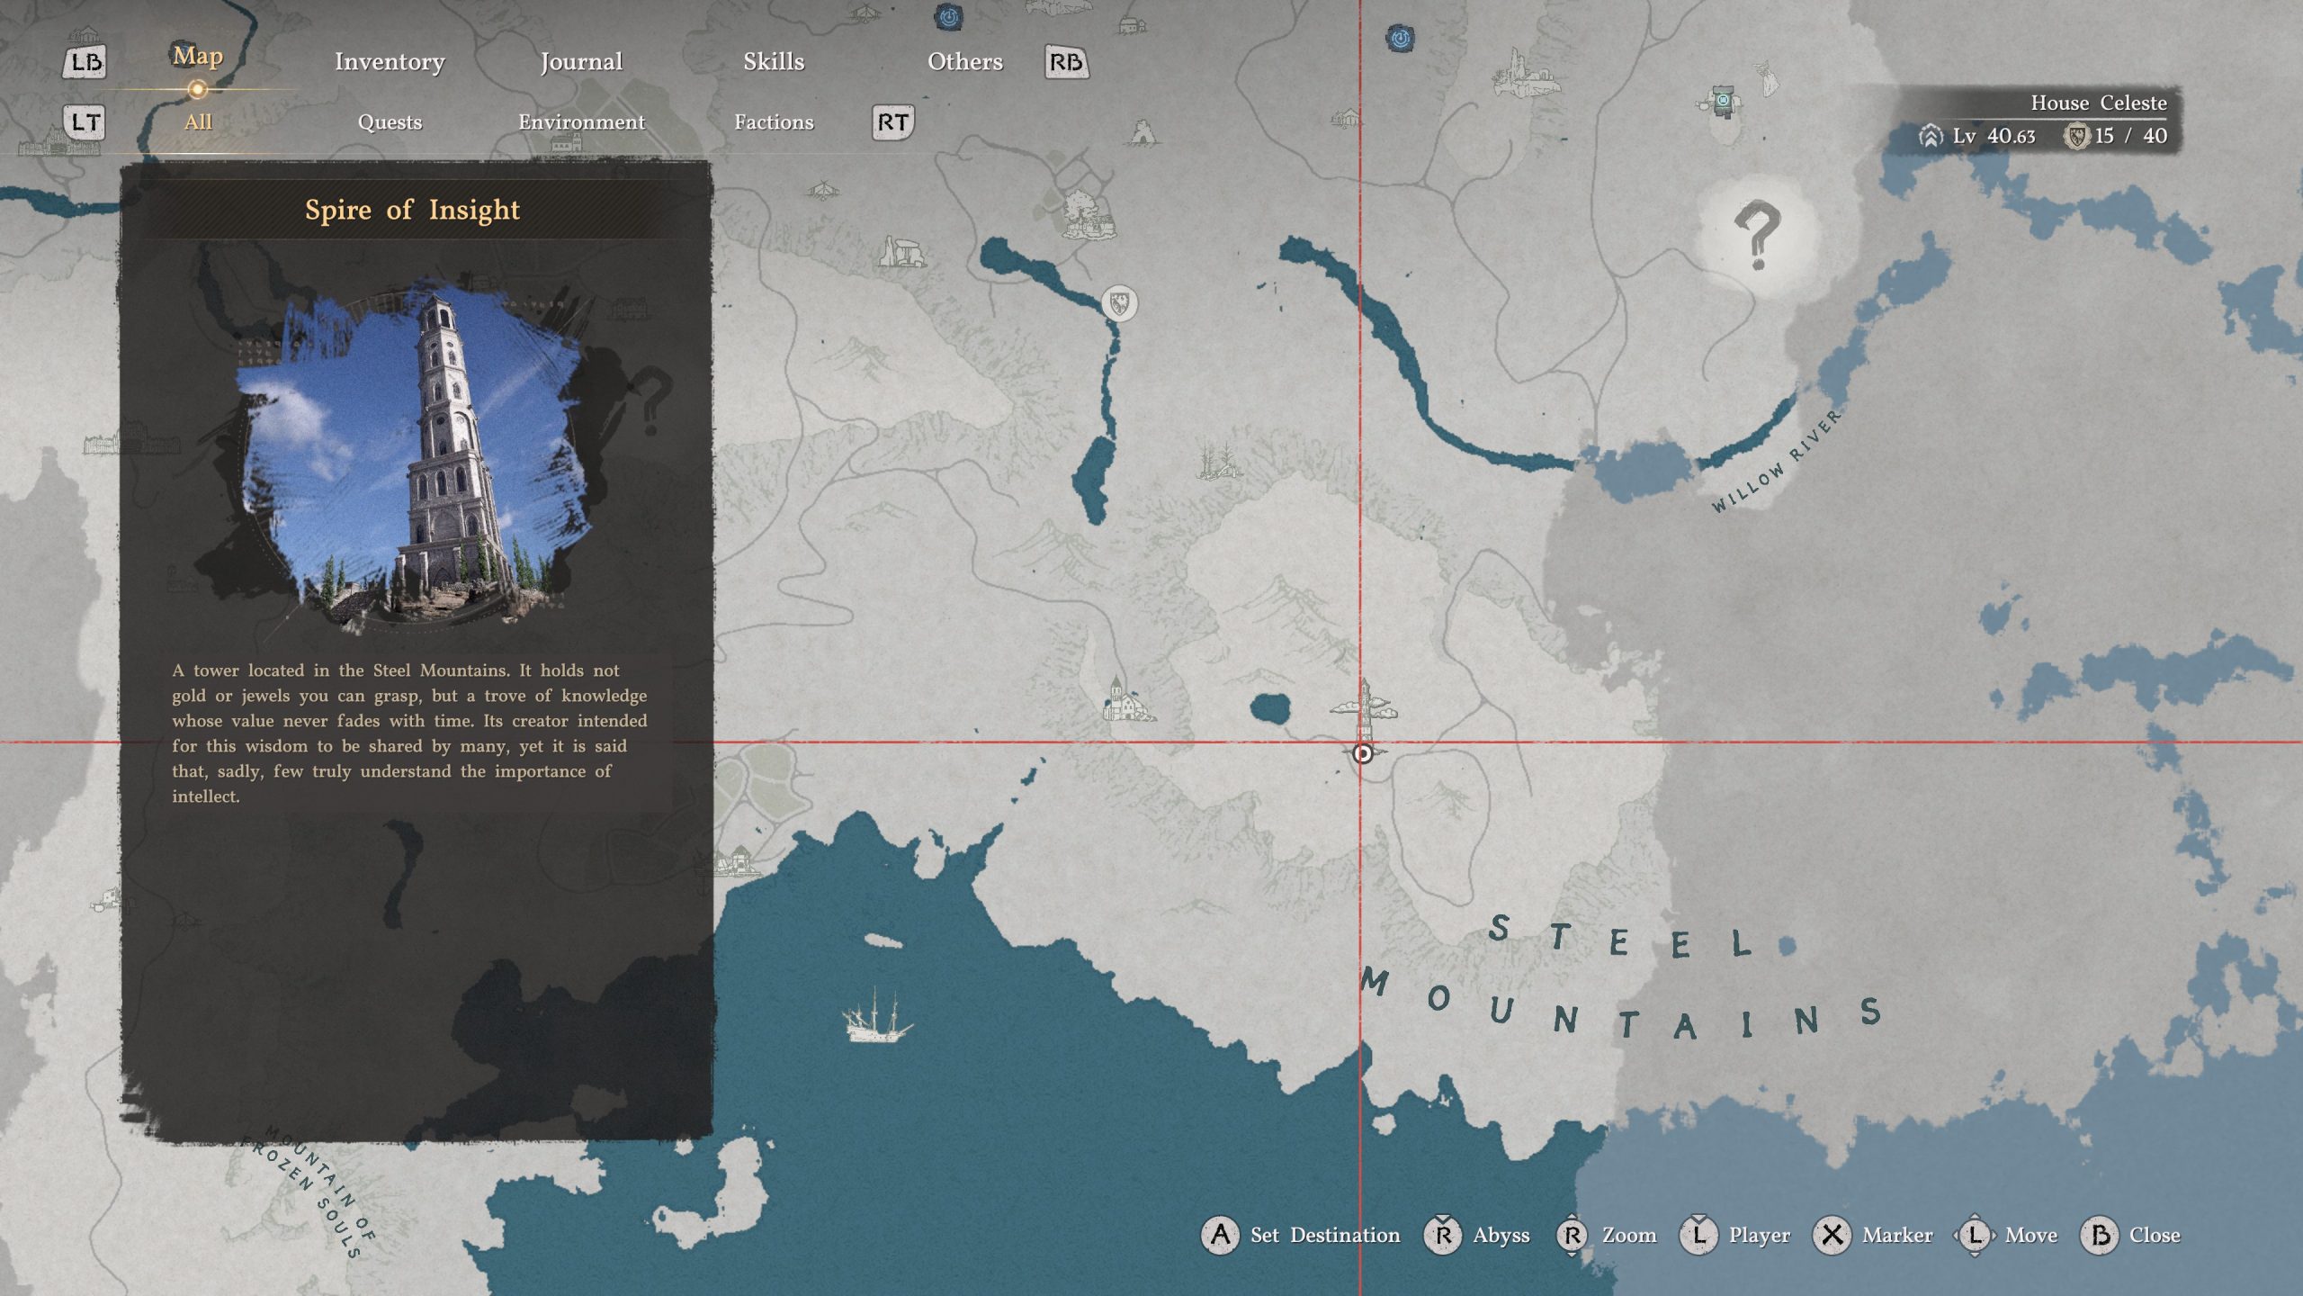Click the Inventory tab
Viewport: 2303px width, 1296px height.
390,61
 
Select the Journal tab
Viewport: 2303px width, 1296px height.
581,61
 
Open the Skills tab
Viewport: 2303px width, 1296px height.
774,61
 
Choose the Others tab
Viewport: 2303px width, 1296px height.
964,61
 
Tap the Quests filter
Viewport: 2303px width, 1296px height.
390,121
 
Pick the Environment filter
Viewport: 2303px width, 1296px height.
581,121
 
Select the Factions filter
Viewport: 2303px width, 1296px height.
774,121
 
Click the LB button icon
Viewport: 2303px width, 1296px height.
85,62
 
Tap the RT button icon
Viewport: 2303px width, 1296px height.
892,122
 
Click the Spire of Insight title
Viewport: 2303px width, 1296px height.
412,210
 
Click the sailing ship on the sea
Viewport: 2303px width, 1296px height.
875,1017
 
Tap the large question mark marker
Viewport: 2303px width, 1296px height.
1756,236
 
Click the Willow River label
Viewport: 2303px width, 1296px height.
1777,461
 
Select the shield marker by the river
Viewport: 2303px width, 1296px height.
1119,303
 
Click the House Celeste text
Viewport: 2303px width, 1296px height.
2098,103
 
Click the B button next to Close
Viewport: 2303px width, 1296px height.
2101,1235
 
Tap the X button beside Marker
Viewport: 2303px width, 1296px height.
1833,1235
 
